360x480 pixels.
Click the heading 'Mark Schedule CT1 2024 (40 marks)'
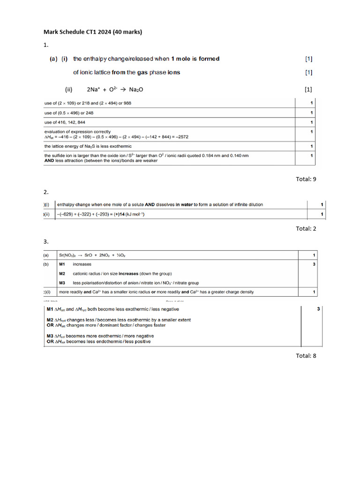92,32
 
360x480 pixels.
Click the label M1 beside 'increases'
62,264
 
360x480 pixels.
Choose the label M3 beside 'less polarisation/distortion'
62,283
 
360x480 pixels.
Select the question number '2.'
46,192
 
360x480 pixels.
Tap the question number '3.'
46,241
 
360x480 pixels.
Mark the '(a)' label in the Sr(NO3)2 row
46,255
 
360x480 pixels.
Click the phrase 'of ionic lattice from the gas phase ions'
127,72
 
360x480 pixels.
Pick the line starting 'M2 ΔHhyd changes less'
118,320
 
